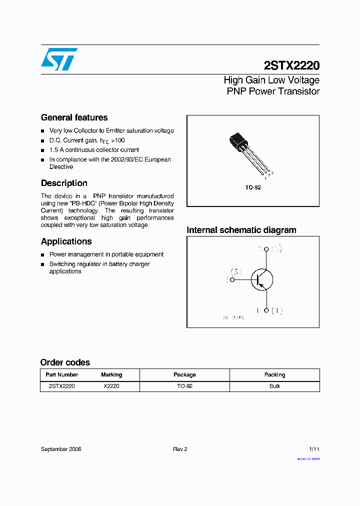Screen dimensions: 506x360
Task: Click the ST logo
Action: (59, 59)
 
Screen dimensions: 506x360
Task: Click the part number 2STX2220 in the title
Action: (291, 65)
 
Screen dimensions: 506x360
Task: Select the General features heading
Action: (74, 117)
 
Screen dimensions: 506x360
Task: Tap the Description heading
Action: (64, 183)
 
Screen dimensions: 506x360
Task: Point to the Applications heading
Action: (66, 241)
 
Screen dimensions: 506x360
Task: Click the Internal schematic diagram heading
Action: (241, 230)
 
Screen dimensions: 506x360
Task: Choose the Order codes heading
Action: (65, 362)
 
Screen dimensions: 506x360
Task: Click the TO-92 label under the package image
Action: (252, 187)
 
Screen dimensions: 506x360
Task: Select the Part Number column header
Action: (61, 374)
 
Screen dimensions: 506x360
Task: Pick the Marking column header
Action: (111, 374)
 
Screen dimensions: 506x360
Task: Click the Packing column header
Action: (274, 374)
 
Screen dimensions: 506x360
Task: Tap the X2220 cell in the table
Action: (111, 386)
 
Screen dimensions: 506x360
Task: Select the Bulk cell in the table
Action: (274, 386)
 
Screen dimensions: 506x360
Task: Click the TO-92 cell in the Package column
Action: (184, 386)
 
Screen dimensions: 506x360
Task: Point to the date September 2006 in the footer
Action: (61, 449)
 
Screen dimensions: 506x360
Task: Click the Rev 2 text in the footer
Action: (180, 449)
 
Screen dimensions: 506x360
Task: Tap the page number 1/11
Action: (314, 449)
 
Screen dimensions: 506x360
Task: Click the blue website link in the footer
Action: (308, 458)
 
